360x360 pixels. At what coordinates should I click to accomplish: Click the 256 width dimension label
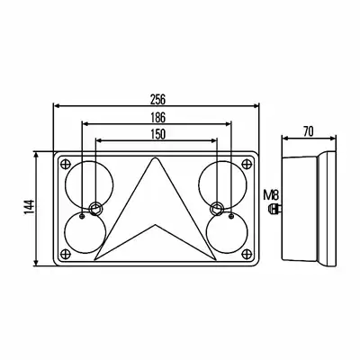pos(157,99)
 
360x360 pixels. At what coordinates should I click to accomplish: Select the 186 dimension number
pos(157,118)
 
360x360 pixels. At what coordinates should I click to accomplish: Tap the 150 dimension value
pos(157,134)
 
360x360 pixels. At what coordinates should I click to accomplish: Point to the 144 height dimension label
pos(30,207)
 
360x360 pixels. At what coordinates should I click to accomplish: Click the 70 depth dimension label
pos(308,131)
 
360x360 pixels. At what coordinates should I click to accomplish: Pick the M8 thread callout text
pos(271,195)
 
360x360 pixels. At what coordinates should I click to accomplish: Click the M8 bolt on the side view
pos(274,208)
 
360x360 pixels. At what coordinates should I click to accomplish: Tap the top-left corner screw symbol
pos(66,164)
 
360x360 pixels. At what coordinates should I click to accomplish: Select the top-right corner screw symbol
pos(247,164)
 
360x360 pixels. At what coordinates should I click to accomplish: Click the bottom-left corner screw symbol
pos(66,254)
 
